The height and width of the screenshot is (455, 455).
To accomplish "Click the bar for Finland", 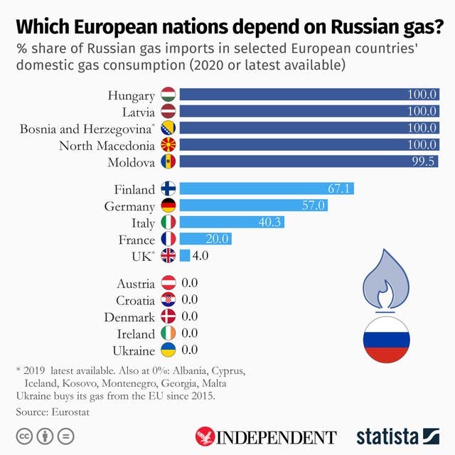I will pyautogui.click(x=267, y=188).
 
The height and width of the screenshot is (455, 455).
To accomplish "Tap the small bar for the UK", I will pyautogui.click(x=185, y=256).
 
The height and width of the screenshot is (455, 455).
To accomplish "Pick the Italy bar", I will pyautogui.click(x=232, y=223).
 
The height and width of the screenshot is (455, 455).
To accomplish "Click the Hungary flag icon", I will pyautogui.click(x=168, y=94).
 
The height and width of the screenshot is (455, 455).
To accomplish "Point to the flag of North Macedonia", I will pyautogui.click(x=168, y=146).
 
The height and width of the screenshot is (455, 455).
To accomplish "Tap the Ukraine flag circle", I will pyautogui.click(x=168, y=350).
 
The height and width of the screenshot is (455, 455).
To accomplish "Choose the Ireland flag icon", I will pyautogui.click(x=168, y=333).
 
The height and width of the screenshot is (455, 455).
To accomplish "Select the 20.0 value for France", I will pyautogui.click(x=216, y=239).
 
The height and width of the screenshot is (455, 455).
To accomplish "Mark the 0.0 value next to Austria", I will pyautogui.click(x=189, y=283).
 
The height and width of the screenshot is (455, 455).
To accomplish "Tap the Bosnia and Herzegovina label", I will pyautogui.click(x=87, y=129).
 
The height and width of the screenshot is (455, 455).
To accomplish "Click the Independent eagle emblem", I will pyautogui.click(x=205, y=436).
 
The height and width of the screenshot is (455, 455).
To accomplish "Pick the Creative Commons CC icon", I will pyautogui.click(x=25, y=435).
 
